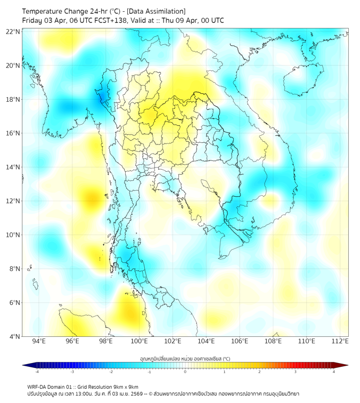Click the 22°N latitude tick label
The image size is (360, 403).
click(x=13, y=31)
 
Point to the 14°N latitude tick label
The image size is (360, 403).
click(x=13, y=167)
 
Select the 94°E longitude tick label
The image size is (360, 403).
click(x=39, y=342)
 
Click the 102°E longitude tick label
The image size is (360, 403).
click(x=173, y=342)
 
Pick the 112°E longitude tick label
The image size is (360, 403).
click(x=340, y=342)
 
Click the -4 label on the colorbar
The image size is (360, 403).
click(x=37, y=372)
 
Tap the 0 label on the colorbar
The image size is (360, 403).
click(x=185, y=372)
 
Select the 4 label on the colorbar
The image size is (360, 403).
click(x=334, y=372)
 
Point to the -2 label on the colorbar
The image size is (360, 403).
click(x=111, y=372)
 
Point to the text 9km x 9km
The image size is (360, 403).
click(x=125, y=386)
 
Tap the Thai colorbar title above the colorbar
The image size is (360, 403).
click(x=185, y=359)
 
